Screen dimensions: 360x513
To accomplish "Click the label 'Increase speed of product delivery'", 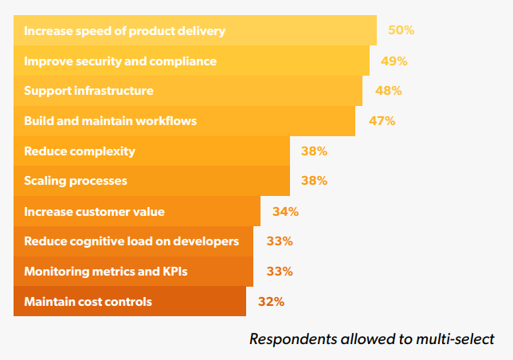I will (x=125, y=31).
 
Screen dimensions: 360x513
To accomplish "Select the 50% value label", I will (x=401, y=31).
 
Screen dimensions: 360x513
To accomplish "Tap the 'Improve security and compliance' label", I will (x=120, y=61).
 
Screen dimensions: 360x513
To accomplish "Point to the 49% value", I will (x=394, y=61).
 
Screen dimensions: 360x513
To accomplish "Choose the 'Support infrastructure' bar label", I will (x=88, y=91).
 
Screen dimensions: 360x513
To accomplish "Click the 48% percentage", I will (x=388, y=91).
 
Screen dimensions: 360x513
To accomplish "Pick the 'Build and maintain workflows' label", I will (x=110, y=121).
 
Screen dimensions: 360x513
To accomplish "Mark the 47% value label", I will (x=382, y=121).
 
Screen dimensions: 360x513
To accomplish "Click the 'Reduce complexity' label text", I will (x=80, y=151).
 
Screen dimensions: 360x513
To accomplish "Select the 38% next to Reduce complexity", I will (x=314, y=151).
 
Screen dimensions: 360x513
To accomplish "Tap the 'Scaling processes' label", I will (x=76, y=181).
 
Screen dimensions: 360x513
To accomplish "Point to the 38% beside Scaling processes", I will (x=314, y=181).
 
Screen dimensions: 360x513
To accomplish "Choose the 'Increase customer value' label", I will (x=95, y=211).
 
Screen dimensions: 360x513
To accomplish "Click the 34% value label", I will (x=285, y=211).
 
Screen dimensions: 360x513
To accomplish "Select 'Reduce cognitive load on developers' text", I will (x=131, y=241).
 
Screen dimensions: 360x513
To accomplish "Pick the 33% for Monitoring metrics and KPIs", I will (x=280, y=272).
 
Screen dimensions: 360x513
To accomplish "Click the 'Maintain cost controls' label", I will (x=88, y=302).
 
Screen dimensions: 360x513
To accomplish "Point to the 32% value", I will (x=271, y=302).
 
